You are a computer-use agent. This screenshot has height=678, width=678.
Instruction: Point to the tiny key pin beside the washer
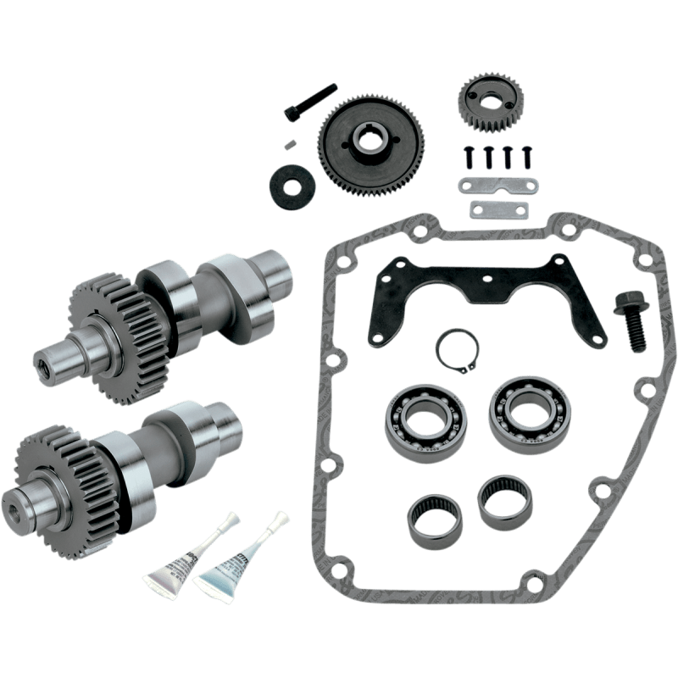[x=290, y=145]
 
